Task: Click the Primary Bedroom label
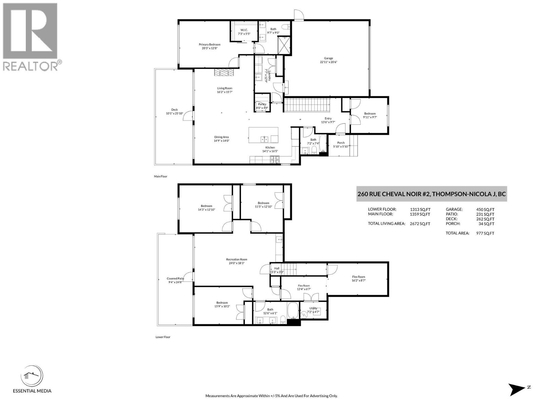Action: point(209,44)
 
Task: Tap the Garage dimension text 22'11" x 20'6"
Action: point(328,62)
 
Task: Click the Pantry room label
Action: point(262,104)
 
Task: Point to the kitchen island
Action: point(263,135)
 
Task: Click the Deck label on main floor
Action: point(174,110)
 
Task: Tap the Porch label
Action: point(341,143)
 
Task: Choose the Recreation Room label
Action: point(237,259)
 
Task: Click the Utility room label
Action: point(313,308)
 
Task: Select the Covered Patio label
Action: point(175,278)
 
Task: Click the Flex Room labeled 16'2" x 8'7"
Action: point(358,277)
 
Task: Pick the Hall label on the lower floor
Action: point(277,268)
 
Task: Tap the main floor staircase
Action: point(307,104)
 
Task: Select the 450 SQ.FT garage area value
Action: point(485,210)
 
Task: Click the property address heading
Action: point(431,194)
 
